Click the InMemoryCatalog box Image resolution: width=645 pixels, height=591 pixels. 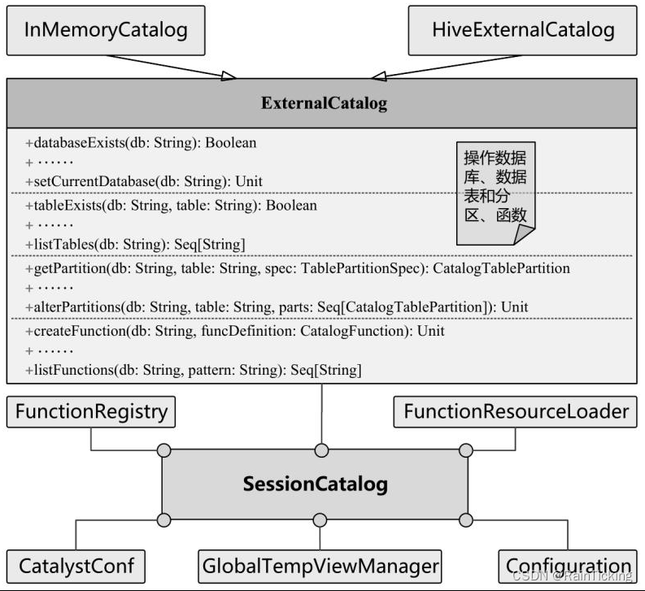tap(105, 31)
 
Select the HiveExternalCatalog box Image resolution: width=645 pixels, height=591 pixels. tap(522, 31)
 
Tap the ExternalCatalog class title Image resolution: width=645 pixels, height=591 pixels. tap(323, 103)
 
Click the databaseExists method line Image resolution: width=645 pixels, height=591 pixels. tap(141, 143)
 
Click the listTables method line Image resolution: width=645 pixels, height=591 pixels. tap(135, 244)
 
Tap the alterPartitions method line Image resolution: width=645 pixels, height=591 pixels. tap(277, 306)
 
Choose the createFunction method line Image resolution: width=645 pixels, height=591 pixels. tap(235, 332)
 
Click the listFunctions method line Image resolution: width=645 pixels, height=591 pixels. tap(194, 370)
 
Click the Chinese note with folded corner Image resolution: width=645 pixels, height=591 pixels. tap(495, 195)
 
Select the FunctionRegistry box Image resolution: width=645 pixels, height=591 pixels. tap(90, 411)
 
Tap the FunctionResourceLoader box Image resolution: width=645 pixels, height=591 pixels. tap(516, 411)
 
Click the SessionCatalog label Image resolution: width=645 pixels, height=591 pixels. tap(315, 485)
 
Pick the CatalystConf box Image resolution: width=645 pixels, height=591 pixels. tap(76, 565)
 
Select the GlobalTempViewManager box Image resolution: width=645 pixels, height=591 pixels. tap(319, 565)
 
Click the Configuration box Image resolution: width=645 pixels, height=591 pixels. tap(569, 566)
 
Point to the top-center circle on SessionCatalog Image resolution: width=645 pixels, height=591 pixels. tap(322, 450)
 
